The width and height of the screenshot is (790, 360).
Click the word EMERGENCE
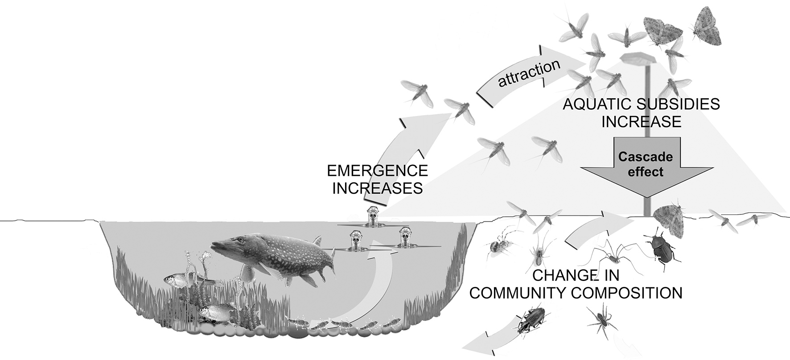377,171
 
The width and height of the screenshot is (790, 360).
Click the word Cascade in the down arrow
645,157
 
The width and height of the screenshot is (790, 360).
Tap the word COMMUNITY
513,293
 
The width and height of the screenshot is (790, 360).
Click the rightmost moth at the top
708,26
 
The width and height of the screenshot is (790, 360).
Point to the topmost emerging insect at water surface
373,217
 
